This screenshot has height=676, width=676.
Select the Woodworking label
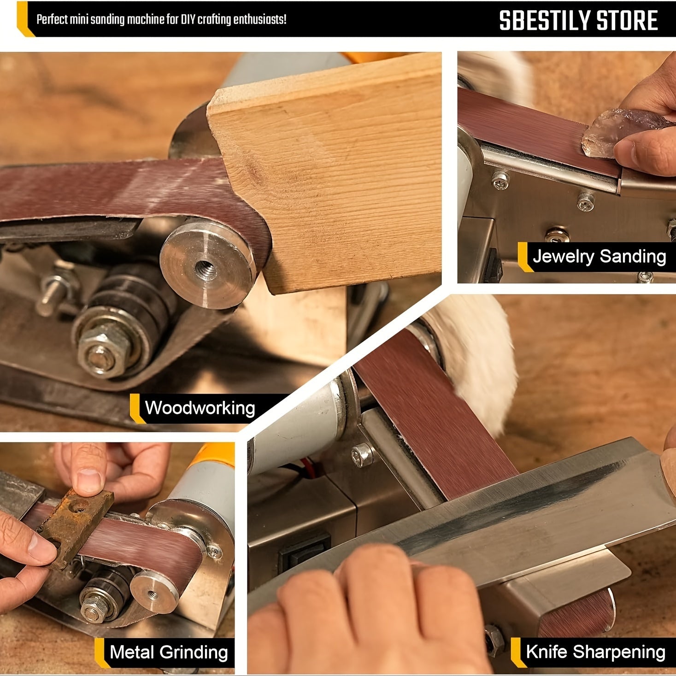[x=200, y=408]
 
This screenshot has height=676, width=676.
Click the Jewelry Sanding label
[x=599, y=256]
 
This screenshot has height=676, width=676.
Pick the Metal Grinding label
[x=169, y=652]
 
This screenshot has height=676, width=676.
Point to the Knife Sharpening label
[x=595, y=652]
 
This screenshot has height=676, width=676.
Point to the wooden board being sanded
[x=332, y=175]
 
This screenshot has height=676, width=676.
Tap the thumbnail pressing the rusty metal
[x=90, y=481]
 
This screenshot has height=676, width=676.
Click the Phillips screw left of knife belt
[x=363, y=455]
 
